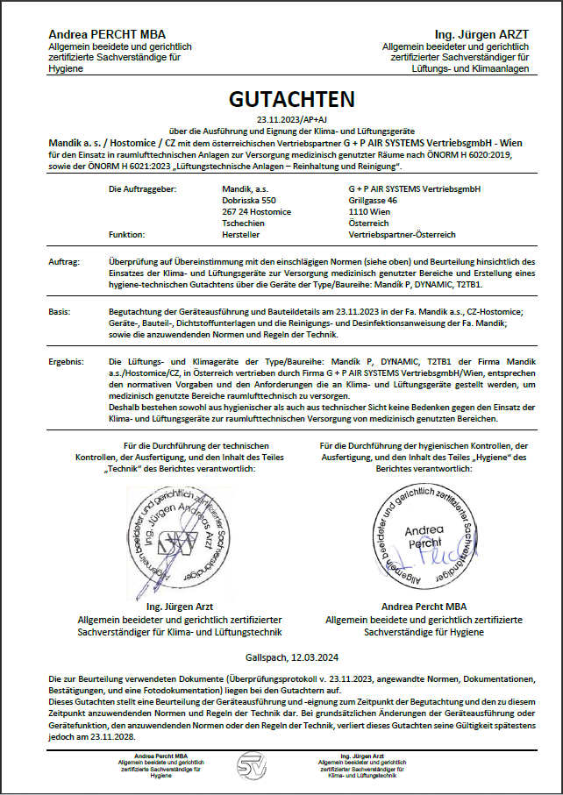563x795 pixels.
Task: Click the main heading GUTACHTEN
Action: [281, 98]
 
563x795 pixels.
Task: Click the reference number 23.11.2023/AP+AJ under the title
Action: [281, 118]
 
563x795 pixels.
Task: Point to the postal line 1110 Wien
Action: [371, 212]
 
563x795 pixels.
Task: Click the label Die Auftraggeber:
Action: [143, 189]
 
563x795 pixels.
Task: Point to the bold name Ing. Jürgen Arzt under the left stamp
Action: [180, 607]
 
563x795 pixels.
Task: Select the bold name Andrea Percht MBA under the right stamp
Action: [424, 607]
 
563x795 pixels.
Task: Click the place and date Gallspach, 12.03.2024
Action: [281, 657]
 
